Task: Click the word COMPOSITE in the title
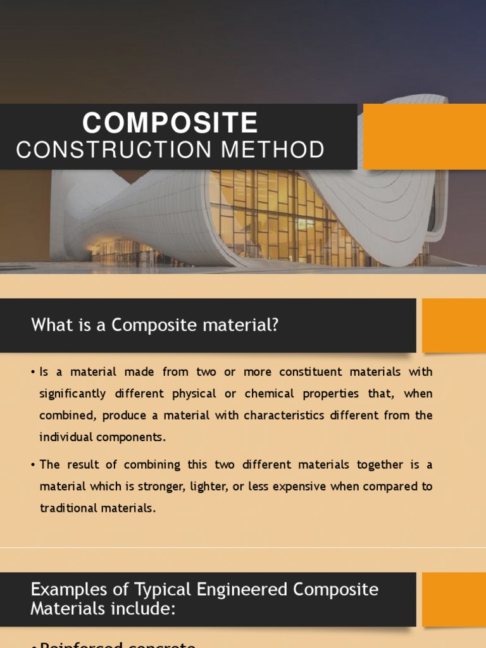click(x=170, y=123)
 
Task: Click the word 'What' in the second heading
click(x=49, y=325)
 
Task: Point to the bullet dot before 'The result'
click(x=33, y=464)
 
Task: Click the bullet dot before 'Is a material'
click(x=33, y=372)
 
